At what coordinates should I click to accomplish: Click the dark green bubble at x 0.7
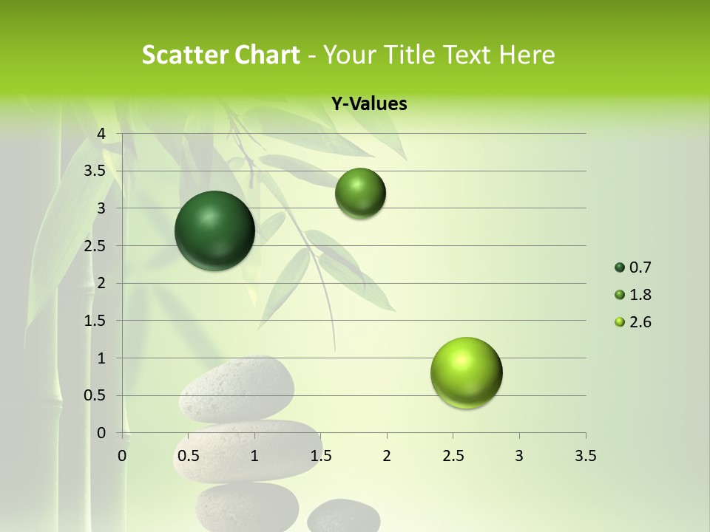pyautogui.click(x=215, y=231)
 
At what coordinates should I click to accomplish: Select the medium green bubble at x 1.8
pyautogui.click(x=360, y=193)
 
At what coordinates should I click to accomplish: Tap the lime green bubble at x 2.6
pyautogui.click(x=467, y=372)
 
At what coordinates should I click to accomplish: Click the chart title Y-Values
pyautogui.click(x=369, y=104)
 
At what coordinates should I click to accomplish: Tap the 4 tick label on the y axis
pyautogui.click(x=101, y=134)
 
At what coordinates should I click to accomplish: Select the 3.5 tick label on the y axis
pyautogui.click(x=95, y=171)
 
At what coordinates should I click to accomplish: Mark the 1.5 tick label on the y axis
pyautogui.click(x=95, y=321)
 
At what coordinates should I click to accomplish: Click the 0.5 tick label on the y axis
pyautogui.click(x=95, y=395)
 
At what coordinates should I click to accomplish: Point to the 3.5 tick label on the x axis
pyautogui.click(x=585, y=456)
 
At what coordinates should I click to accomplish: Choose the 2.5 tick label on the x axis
pyautogui.click(x=453, y=456)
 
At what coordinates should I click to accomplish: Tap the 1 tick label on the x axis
pyautogui.click(x=254, y=456)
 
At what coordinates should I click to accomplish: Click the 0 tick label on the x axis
pyautogui.click(x=122, y=456)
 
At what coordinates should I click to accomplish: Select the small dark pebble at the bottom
pyautogui.click(x=343, y=516)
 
